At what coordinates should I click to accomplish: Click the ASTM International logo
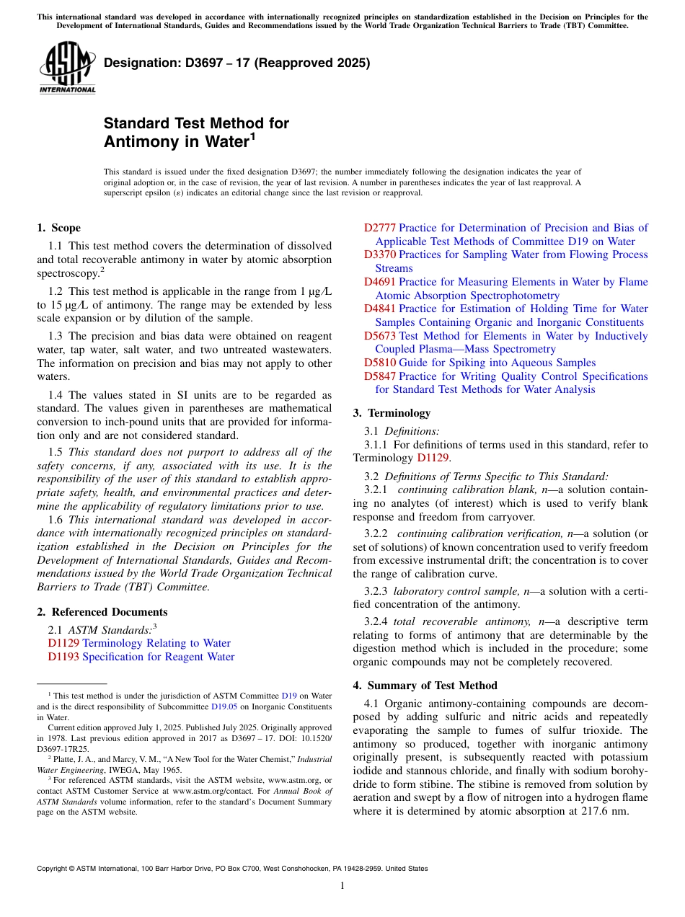67,67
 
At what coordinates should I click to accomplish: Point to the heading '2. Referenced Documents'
102,612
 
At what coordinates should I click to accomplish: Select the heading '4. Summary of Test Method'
425,686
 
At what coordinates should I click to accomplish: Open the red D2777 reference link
379,228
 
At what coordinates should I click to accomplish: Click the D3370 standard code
379,255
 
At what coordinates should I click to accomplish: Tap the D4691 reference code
379,282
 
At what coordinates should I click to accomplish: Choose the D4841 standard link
379,309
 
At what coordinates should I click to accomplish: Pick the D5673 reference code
379,336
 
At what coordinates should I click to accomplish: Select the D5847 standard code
379,376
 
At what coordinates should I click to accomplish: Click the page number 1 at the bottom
342,886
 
